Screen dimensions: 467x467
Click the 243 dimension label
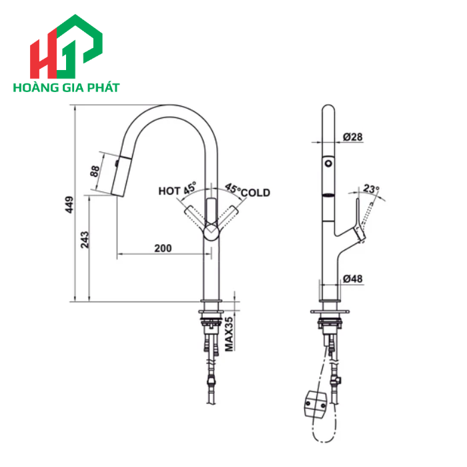coord(85,240)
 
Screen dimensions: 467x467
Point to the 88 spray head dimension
coord(94,171)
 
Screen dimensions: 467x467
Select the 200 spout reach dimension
coord(163,248)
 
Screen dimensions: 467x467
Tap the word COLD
coord(256,193)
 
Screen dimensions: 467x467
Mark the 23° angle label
coord(372,189)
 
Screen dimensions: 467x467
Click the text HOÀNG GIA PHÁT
coord(65,87)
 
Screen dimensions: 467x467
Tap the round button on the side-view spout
coord(328,163)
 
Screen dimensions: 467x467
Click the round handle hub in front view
coord(211,231)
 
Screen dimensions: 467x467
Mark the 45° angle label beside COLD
coord(232,189)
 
